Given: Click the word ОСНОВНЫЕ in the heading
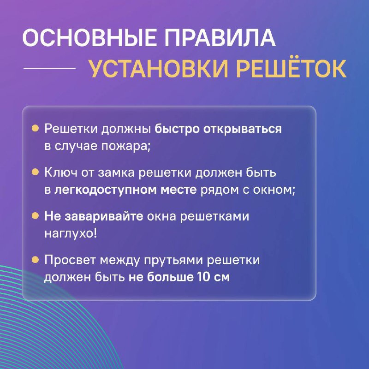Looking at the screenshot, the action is pos(89,38).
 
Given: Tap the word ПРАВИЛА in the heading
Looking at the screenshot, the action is pos(220,38).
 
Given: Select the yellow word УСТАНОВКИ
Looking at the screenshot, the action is pos(159,68).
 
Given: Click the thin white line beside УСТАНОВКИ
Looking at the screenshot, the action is pos(49,68).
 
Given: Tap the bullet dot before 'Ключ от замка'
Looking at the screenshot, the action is pos(35,172).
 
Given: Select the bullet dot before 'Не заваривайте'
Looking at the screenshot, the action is pos(35,215).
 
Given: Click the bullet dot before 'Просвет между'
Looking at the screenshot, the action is pos(35,260).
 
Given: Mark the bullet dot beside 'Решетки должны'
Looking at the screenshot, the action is pos(35,128).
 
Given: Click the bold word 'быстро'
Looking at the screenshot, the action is pos(177,129).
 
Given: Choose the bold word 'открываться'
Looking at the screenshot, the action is pos(243,130).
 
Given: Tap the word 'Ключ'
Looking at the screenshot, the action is pos(61,173).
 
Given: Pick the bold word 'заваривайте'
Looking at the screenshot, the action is pos(104,216).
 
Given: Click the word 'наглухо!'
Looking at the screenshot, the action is pos(71,234).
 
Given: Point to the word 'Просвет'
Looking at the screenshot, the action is pos(70,260).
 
